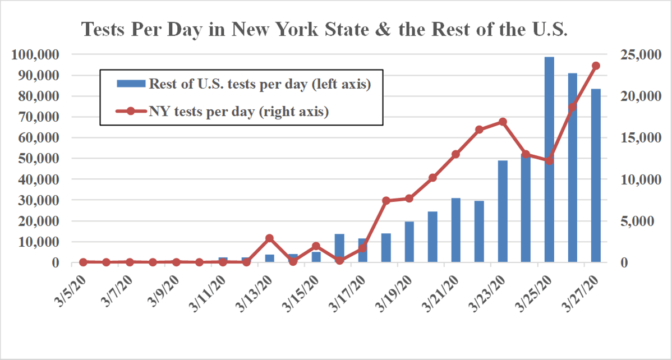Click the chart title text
(x=325, y=30)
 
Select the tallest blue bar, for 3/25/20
(x=549, y=160)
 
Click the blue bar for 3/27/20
(x=596, y=176)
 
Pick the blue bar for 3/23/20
(x=503, y=211)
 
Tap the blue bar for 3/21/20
(x=456, y=230)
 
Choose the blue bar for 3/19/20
(x=409, y=242)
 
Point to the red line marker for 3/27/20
(x=596, y=66)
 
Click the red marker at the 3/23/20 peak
(x=503, y=122)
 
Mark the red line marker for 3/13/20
(x=269, y=238)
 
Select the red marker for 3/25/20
(x=549, y=160)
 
